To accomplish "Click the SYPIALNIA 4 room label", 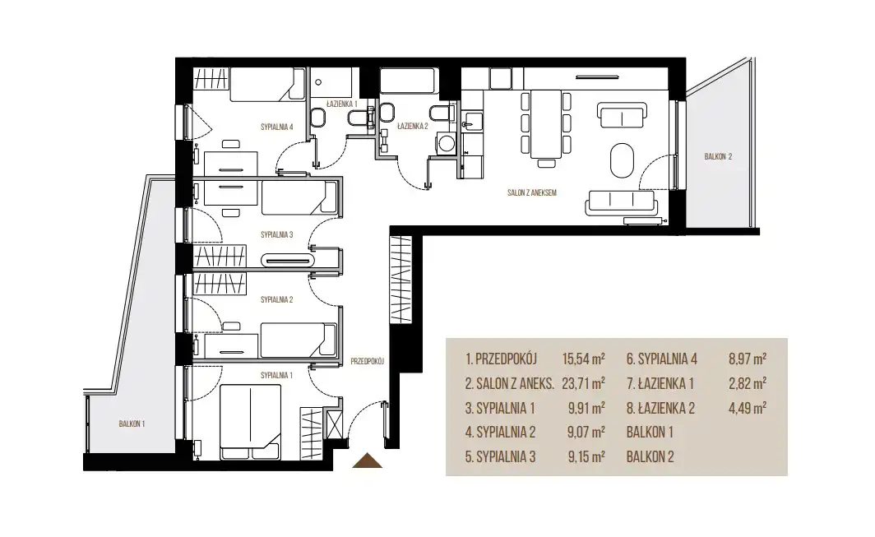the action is point(277,127).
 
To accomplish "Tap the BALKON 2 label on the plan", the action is point(718,157).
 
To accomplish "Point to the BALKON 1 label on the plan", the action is point(132,424).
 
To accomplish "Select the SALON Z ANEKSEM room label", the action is point(532,192).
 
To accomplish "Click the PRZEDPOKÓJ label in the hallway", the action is point(367,361).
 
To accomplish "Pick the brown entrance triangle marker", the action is point(367,461).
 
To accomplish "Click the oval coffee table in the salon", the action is point(622,160).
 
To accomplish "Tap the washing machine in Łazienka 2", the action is point(446,143).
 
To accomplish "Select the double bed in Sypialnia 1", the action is point(249,421).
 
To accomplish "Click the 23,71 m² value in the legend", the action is point(583,383).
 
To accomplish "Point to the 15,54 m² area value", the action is point(583,359).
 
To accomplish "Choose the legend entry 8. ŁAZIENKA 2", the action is point(660,409).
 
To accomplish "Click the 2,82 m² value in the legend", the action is point(748,383).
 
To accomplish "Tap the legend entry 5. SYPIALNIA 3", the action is point(500,457).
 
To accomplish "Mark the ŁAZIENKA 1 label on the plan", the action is point(341,104).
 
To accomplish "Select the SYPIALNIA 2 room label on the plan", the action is point(277,300).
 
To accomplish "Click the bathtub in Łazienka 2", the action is point(409,81).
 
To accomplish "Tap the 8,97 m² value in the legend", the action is point(748,359).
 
